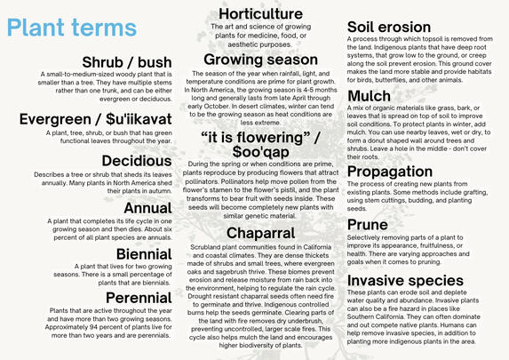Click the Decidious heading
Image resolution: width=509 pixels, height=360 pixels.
pyautogui.click(x=136, y=161)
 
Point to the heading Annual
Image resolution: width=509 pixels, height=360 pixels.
pyautogui.click(x=147, y=208)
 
